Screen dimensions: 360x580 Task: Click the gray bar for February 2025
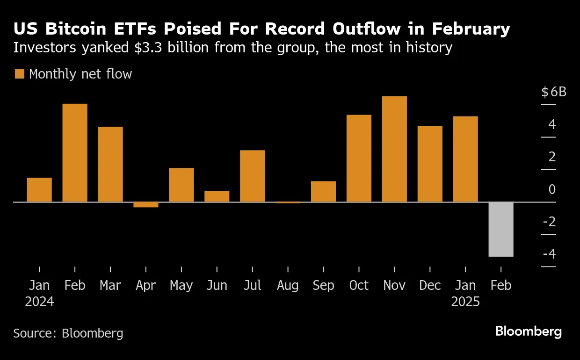[x=501, y=229]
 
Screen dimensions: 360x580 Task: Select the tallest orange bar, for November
[x=394, y=149]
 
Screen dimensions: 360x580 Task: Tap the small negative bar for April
[x=145, y=205]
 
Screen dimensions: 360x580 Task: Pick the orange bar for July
[x=252, y=176]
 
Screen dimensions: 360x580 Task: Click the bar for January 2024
[x=39, y=190]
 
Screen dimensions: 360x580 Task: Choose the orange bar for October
[x=359, y=158]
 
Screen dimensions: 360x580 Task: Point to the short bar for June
[x=217, y=196]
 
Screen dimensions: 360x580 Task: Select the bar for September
[x=323, y=192]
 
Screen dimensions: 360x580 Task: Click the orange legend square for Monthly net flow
[x=19, y=74]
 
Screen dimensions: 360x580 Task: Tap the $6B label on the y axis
[x=554, y=92]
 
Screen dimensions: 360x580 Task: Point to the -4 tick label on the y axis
[x=549, y=254]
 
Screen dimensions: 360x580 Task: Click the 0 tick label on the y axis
[x=552, y=190]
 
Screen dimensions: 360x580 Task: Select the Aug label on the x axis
[x=288, y=286]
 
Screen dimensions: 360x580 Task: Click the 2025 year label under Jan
[x=465, y=302]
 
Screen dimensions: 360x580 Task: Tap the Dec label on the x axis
[x=429, y=286]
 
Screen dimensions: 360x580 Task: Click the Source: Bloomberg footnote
[x=68, y=333]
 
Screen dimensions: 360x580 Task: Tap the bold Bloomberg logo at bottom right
[x=528, y=332]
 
